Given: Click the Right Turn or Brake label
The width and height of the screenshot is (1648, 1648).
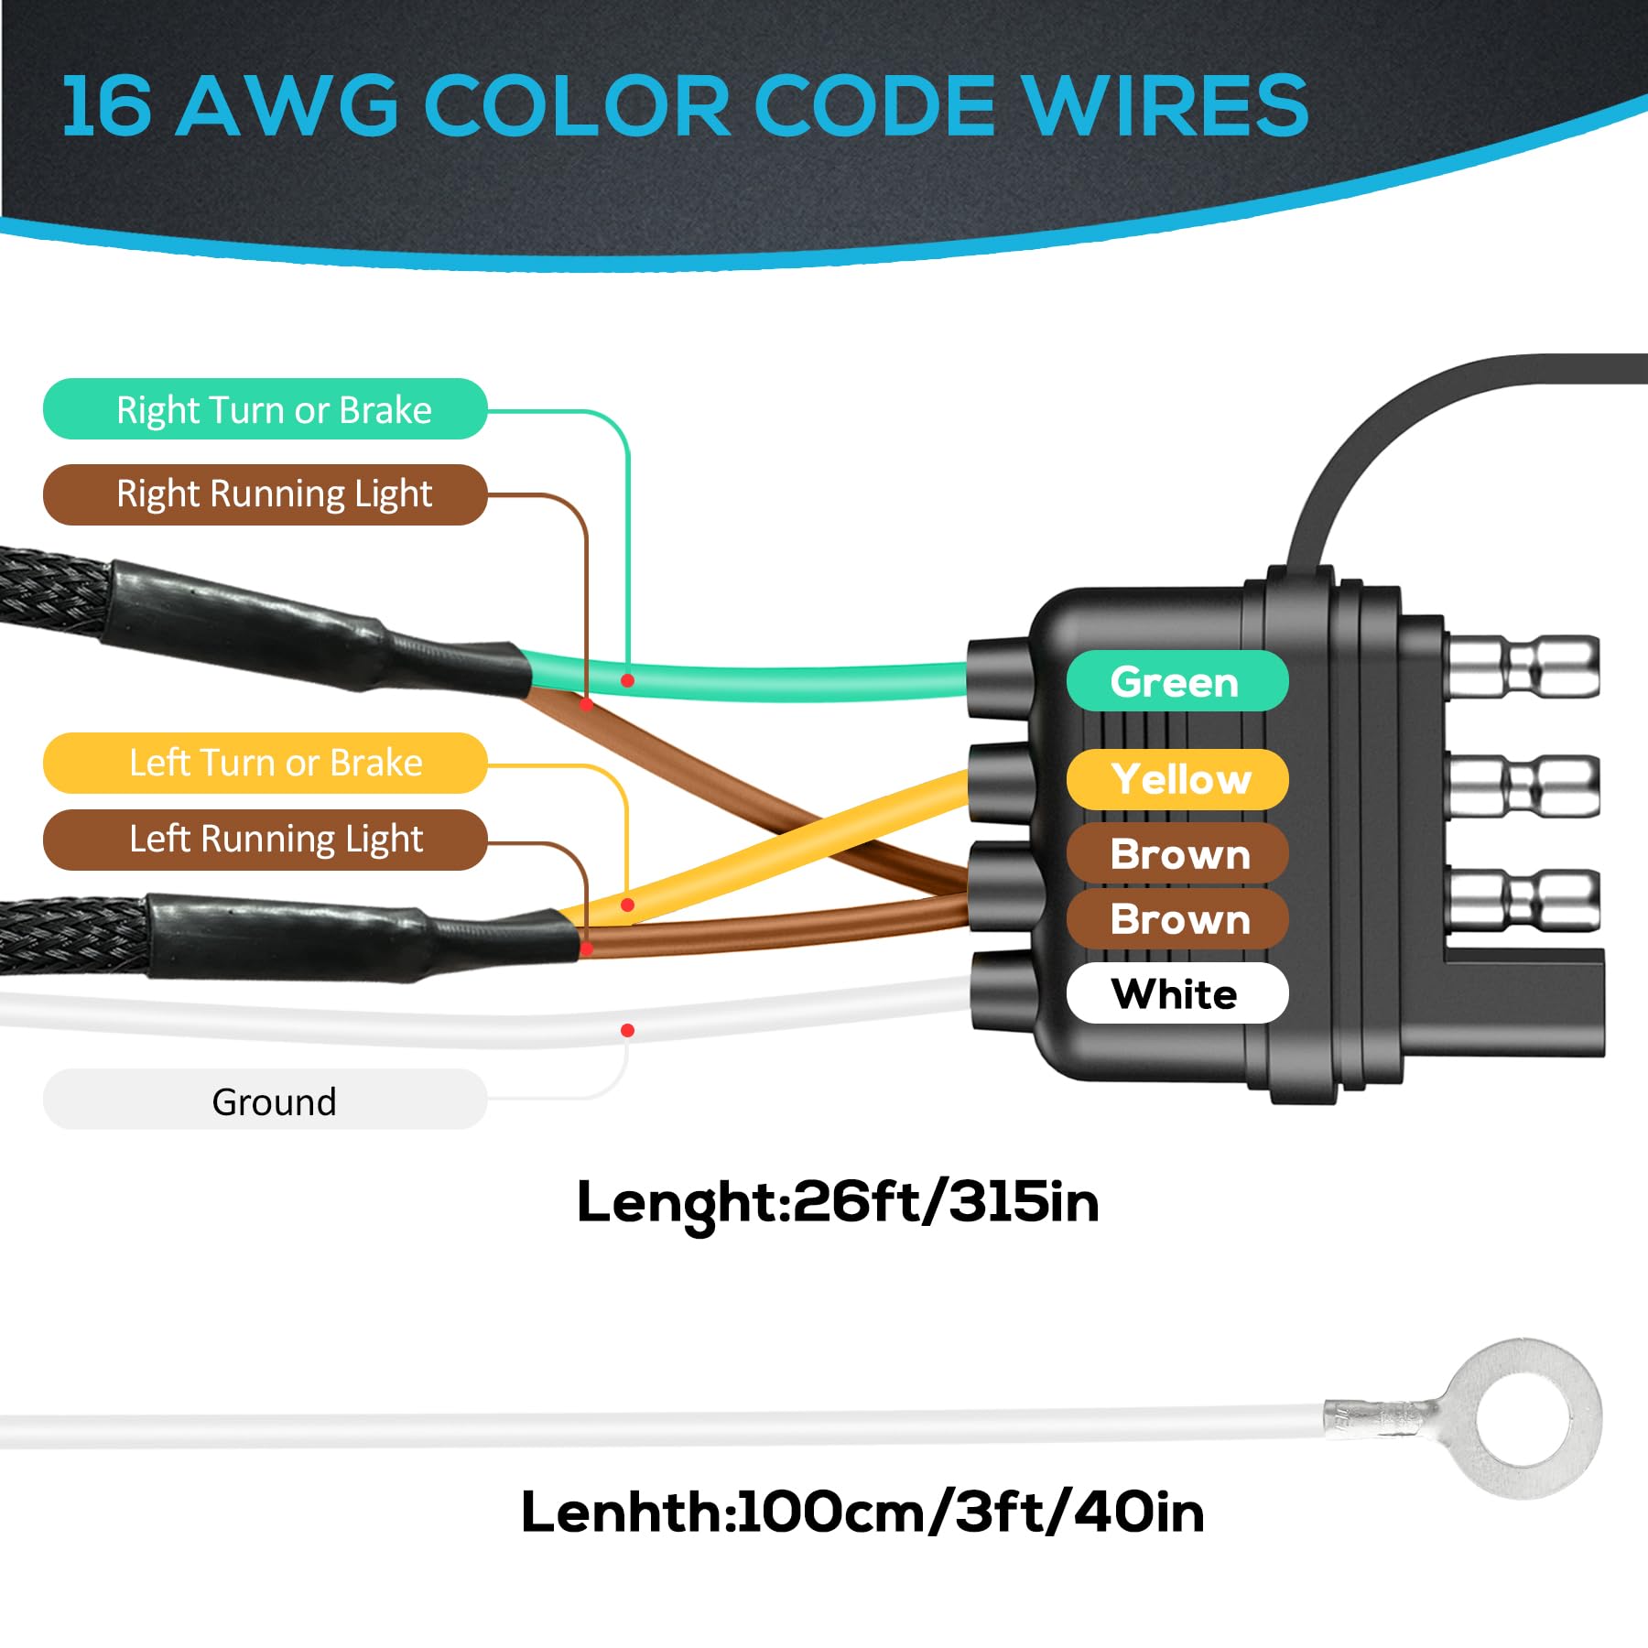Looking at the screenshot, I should coord(265,409).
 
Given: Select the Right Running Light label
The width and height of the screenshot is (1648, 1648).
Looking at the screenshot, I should coord(265,494).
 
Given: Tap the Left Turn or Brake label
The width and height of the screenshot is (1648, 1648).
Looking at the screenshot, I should coord(265,763).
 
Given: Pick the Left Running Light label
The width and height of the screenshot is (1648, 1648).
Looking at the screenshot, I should coord(265,840).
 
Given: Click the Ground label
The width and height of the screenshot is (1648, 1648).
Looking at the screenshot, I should coord(265,1100).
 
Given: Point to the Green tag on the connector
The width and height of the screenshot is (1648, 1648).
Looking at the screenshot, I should coord(1176,681).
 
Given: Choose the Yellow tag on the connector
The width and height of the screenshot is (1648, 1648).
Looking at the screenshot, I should coord(1176,779).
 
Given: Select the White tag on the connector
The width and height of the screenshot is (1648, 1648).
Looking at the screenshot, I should coord(1176,993).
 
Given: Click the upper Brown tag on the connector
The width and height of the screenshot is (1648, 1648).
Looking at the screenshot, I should coord(1176,853).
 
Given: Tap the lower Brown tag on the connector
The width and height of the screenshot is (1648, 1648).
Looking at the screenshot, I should coord(1176,918).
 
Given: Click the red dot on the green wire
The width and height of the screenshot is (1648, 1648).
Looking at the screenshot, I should coord(627,680).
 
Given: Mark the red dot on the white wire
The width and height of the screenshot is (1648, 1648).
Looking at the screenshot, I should coord(627,1031).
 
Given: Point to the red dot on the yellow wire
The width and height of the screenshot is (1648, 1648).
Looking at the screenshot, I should coord(627,905).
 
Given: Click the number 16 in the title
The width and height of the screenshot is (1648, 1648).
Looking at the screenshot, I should coord(105,106).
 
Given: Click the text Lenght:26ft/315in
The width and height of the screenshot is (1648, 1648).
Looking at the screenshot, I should coord(837,1203).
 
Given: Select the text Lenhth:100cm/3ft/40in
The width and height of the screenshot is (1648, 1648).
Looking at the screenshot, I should coord(862,1512).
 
